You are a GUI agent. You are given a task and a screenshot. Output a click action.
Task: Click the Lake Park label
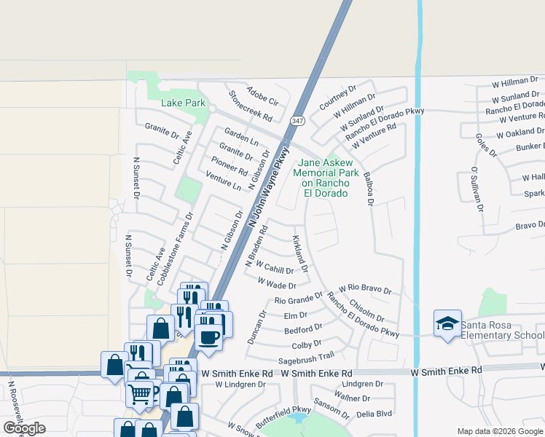click(x=183, y=103)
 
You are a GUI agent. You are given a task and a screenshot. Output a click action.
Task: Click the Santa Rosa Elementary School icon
click(x=447, y=324)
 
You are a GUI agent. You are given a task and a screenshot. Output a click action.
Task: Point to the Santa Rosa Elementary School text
click(x=503, y=330)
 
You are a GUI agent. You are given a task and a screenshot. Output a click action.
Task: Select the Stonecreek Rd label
click(x=250, y=106)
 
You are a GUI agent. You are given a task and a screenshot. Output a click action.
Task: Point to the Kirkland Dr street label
click(x=300, y=253)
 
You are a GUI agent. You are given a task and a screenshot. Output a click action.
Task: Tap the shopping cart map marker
click(x=141, y=394)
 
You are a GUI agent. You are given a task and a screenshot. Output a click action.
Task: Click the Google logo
click(x=23, y=428)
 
